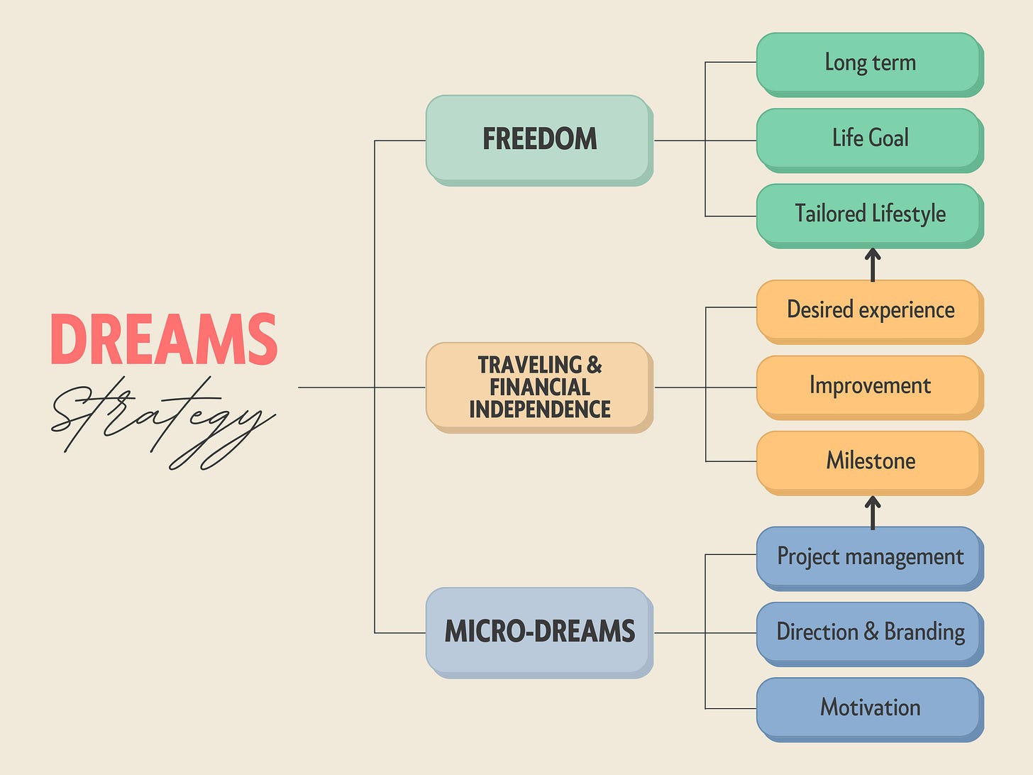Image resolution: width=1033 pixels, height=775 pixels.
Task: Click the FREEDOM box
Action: click(538, 139)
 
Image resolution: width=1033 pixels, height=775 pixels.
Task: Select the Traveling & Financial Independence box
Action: click(538, 387)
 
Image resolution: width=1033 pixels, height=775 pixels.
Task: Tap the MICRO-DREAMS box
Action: click(538, 631)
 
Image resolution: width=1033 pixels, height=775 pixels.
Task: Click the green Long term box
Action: click(869, 62)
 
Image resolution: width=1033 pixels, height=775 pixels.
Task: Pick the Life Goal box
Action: click(869, 138)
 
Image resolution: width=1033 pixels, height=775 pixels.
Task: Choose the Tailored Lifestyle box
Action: click(869, 214)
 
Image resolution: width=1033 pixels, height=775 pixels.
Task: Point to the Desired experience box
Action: click(869, 309)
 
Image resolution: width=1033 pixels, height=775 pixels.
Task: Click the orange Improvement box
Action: click(869, 385)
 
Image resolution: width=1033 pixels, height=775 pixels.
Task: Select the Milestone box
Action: click(869, 461)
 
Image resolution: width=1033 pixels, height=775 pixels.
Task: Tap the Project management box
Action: click(869, 556)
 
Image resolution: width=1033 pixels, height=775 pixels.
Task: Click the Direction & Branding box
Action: click(869, 632)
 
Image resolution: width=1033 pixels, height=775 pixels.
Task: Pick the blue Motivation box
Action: click(869, 708)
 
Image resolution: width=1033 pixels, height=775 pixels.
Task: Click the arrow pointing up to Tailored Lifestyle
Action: click(873, 264)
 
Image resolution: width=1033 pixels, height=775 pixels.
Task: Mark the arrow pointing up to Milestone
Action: click(873, 512)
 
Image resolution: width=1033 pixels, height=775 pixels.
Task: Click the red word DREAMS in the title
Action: click(164, 340)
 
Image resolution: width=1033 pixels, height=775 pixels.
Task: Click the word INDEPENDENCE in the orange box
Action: click(539, 410)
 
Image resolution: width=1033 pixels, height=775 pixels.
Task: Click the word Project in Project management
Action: click(808, 556)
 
